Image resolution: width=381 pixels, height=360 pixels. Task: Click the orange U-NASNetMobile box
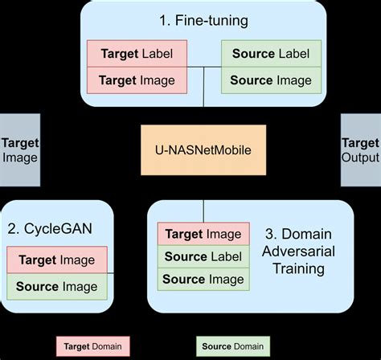[x=203, y=150]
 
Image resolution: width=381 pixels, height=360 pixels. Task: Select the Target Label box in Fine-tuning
[x=137, y=54]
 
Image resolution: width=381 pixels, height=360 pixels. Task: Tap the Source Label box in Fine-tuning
[x=271, y=54]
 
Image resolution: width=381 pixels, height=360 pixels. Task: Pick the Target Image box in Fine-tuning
[x=137, y=80]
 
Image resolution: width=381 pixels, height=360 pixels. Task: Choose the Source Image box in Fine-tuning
[x=271, y=80]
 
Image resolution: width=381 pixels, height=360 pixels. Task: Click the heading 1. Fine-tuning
[x=203, y=19]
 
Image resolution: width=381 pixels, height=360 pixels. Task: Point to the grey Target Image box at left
[x=19, y=150]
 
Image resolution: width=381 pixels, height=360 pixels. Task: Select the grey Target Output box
[x=360, y=150]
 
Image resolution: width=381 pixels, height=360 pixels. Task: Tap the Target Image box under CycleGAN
[x=57, y=260]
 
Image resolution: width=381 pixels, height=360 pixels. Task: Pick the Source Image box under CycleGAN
[x=57, y=286]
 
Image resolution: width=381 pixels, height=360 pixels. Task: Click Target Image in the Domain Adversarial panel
[x=203, y=234]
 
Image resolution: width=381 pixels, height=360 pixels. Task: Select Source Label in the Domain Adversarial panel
[x=203, y=257]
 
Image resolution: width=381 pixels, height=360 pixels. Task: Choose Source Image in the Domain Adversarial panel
[x=203, y=280]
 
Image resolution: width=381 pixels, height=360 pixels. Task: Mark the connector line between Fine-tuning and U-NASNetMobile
[x=203, y=114]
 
